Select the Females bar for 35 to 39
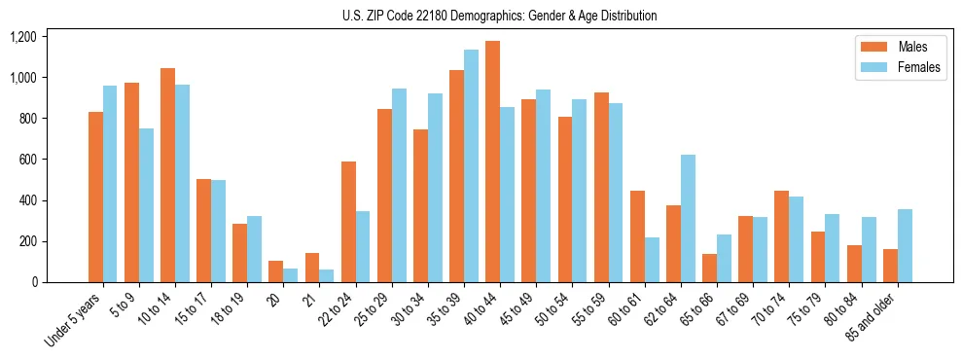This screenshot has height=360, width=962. coord(471,165)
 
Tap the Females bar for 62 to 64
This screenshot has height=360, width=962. coord(688,218)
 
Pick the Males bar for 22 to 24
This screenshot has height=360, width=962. coord(348,222)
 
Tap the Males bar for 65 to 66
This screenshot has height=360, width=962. coord(709,268)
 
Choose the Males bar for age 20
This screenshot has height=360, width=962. coord(275,271)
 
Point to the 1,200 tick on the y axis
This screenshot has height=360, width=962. coord(23,37)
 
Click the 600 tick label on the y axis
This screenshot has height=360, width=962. coord(29,160)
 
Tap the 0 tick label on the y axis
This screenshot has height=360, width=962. coord(35,282)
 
